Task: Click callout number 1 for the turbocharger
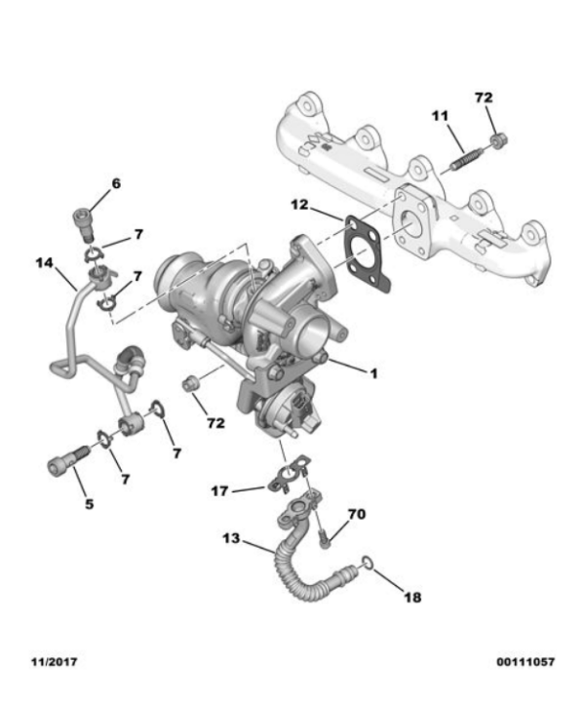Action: click(x=373, y=373)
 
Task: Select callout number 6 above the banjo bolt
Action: click(x=116, y=183)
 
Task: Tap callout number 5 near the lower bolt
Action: click(x=90, y=504)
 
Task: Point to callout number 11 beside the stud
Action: click(x=440, y=116)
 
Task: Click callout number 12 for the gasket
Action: click(x=300, y=205)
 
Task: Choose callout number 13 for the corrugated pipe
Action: click(x=231, y=538)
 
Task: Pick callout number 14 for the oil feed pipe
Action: click(x=45, y=262)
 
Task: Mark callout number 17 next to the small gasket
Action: click(x=219, y=491)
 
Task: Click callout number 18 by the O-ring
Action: click(x=412, y=597)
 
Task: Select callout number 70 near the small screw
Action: click(x=357, y=514)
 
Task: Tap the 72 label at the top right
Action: click(x=484, y=98)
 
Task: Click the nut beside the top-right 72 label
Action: click(x=499, y=140)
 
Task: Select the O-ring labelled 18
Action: click(x=367, y=563)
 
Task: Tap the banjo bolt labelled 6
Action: click(x=84, y=222)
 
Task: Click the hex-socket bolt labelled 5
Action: click(x=67, y=460)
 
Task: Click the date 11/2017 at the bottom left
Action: click(x=55, y=662)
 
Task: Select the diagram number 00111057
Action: click(x=526, y=662)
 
